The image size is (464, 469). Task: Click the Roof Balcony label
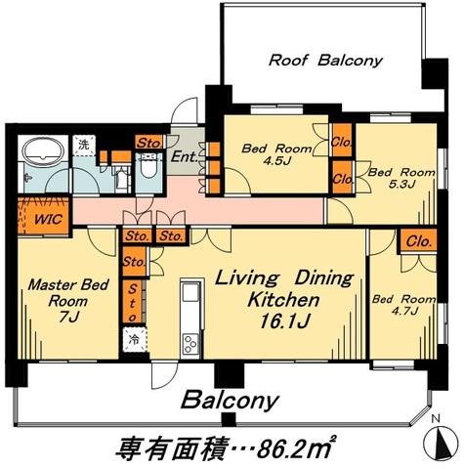325,61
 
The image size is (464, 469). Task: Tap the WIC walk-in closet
44,216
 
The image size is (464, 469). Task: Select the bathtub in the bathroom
43,149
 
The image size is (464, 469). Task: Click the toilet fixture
148,166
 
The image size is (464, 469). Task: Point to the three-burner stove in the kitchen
190,344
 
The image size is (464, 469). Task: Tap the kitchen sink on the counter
190,292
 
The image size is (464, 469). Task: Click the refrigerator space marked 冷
135,340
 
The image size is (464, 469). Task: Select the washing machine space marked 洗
84,145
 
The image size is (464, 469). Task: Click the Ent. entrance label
185,157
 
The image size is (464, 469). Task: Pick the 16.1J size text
284,321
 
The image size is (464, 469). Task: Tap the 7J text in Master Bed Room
68,317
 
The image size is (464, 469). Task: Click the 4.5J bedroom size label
276,161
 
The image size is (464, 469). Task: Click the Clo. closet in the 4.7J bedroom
419,241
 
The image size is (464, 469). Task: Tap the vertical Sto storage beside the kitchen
132,302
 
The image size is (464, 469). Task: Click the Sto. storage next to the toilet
149,143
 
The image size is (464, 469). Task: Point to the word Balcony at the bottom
230,400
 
